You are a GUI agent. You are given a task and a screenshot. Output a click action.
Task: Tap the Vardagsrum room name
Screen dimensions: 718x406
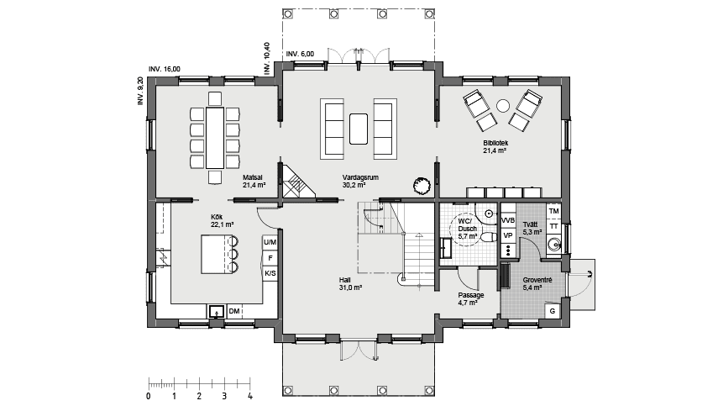point(360,177)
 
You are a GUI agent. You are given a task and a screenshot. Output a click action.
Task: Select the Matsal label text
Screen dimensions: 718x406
point(252,177)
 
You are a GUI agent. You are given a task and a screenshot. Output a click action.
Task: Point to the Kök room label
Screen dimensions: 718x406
point(217,216)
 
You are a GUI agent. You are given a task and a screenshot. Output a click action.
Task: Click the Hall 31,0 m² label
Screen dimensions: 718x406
point(351,283)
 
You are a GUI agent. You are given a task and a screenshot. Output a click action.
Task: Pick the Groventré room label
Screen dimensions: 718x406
point(537,280)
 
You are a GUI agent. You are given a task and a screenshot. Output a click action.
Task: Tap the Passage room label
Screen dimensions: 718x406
point(471,295)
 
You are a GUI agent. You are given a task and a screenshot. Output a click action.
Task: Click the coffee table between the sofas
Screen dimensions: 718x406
point(359,129)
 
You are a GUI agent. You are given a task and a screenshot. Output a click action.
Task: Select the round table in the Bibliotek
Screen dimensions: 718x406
point(503,106)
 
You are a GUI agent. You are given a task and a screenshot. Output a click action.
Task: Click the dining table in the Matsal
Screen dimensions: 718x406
point(215,138)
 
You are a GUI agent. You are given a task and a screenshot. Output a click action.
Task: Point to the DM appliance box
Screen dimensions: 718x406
point(234,312)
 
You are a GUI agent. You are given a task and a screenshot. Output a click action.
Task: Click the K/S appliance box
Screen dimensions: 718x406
point(270,273)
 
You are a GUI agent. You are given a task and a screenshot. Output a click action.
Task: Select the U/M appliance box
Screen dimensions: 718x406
point(270,242)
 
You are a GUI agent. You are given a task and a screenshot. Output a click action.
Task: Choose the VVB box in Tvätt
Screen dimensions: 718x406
point(508,220)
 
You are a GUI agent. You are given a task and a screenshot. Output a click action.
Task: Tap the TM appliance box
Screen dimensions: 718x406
point(554,211)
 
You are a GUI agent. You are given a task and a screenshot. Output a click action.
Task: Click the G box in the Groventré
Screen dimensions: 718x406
point(553,311)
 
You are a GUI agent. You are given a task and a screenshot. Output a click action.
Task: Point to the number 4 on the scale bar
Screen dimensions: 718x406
point(249,397)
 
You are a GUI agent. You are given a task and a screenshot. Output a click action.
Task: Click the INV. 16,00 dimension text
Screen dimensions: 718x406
point(165,69)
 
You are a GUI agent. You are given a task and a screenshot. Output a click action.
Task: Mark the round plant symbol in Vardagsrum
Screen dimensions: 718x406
point(422,186)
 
